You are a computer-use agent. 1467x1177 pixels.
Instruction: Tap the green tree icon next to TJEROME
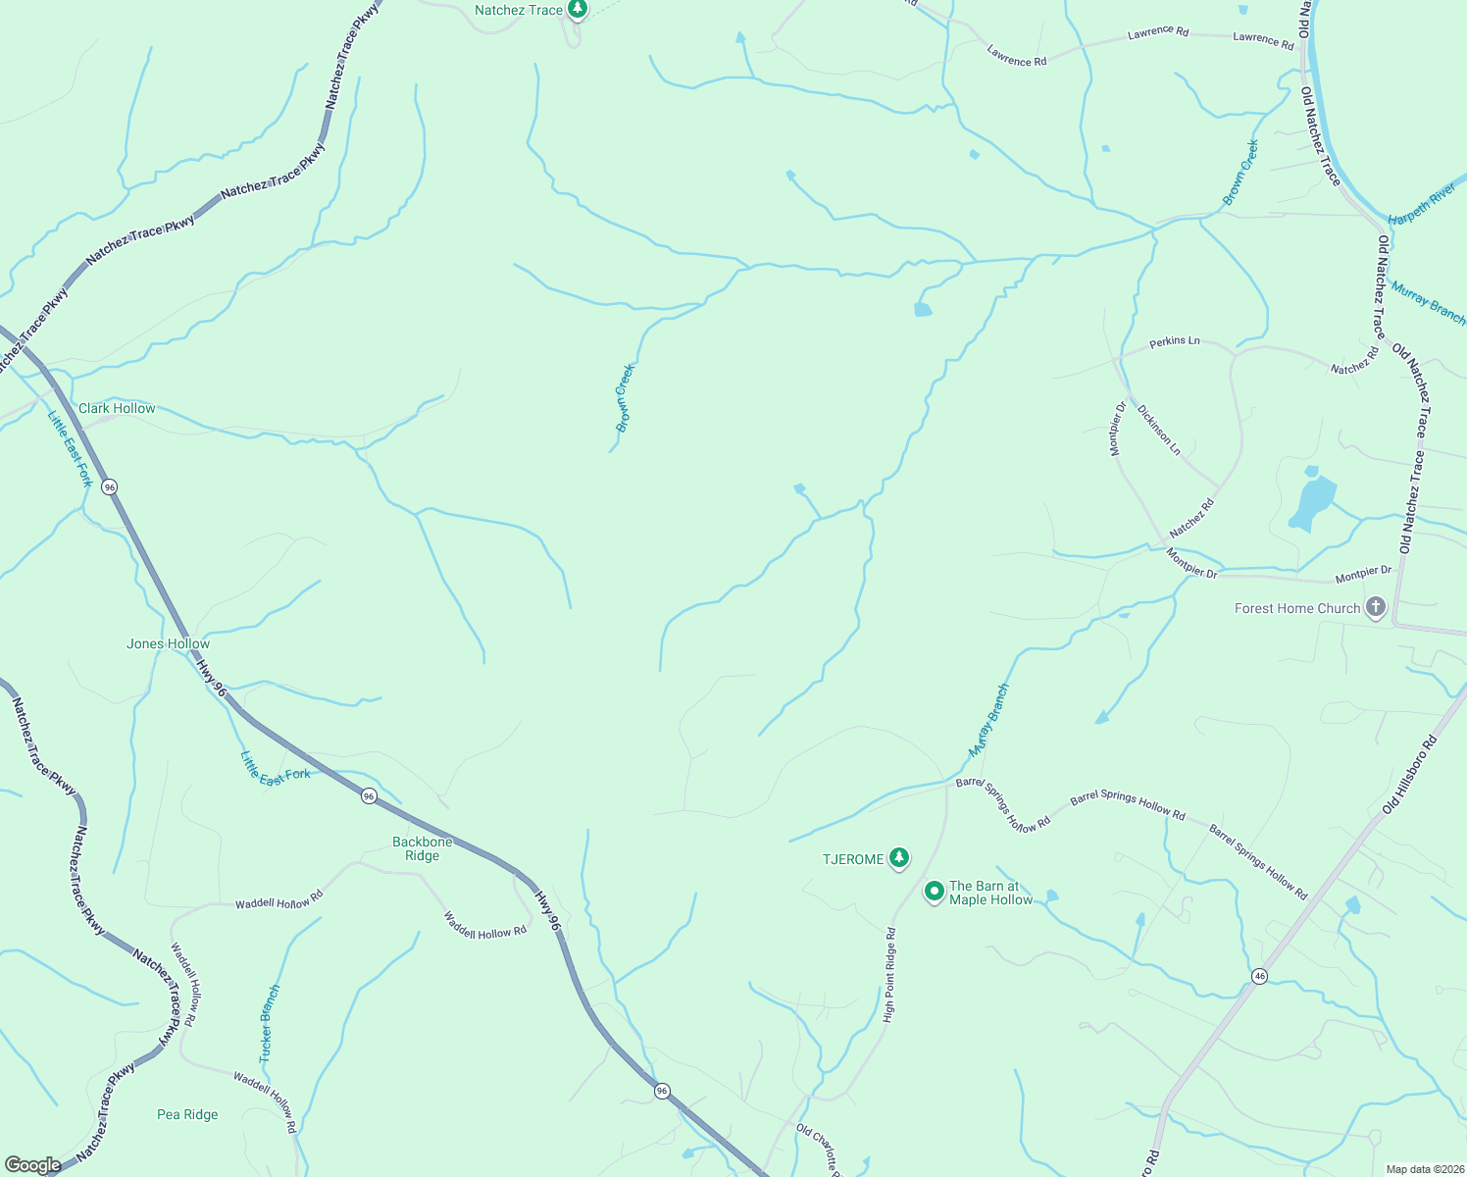(898, 858)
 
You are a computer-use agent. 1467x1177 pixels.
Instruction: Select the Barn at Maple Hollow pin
(934, 892)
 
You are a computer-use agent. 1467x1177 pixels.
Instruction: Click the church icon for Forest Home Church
(1375, 608)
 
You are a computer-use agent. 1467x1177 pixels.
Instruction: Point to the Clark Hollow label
(117, 408)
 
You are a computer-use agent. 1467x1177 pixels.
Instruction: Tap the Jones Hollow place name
(168, 643)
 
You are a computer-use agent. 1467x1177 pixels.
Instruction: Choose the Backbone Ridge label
(423, 848)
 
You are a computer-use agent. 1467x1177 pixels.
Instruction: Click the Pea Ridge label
(187, 1114)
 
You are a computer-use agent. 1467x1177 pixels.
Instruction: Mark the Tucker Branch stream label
(269, 1024)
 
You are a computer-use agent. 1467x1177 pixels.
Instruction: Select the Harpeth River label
(1422, 203)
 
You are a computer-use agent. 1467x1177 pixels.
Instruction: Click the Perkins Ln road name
(1174, 341)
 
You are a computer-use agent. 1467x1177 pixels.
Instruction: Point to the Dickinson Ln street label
(1159, 429)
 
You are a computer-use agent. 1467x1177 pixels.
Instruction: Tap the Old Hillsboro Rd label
(1408, 775)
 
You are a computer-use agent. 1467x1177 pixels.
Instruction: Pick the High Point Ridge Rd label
(889, 976)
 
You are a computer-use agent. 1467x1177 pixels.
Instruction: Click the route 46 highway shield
(1260, 976)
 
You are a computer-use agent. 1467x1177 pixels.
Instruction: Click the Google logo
(32, 1165)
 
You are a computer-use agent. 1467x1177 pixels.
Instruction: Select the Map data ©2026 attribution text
(1424, 1169)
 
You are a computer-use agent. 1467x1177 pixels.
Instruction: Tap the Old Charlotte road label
(819, 1150)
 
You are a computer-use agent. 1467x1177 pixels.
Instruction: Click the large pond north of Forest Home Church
(1313, 500)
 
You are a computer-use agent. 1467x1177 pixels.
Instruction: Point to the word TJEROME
(852, 859)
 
